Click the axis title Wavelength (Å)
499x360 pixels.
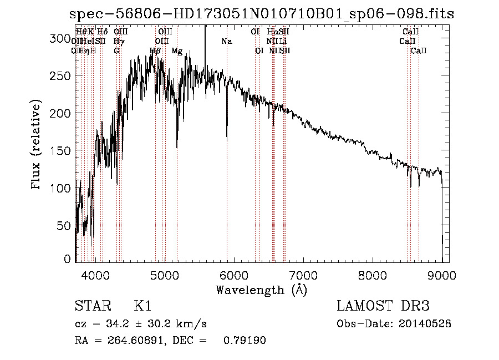(261, 290)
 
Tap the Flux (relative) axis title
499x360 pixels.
(37, 145)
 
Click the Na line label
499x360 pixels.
(226, 41)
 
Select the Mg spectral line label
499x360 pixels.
(177, 51)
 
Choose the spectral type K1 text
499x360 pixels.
(142, 306)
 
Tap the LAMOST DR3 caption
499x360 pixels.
(383, 306)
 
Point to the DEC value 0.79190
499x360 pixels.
(245, 341)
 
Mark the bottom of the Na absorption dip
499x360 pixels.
(227, 139)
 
